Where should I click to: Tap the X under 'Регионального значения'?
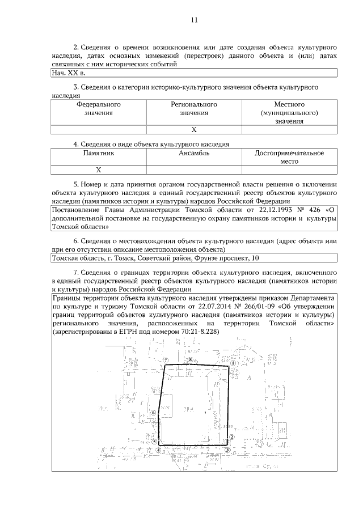point(194,130)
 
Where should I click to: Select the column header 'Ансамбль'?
point(194,153)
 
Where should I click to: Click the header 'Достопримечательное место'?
point(289,157)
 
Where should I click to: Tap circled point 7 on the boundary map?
point(165,360)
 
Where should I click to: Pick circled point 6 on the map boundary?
point(154,413)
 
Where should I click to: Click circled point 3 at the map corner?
point(227,450)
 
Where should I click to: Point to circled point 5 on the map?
point(154,440)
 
